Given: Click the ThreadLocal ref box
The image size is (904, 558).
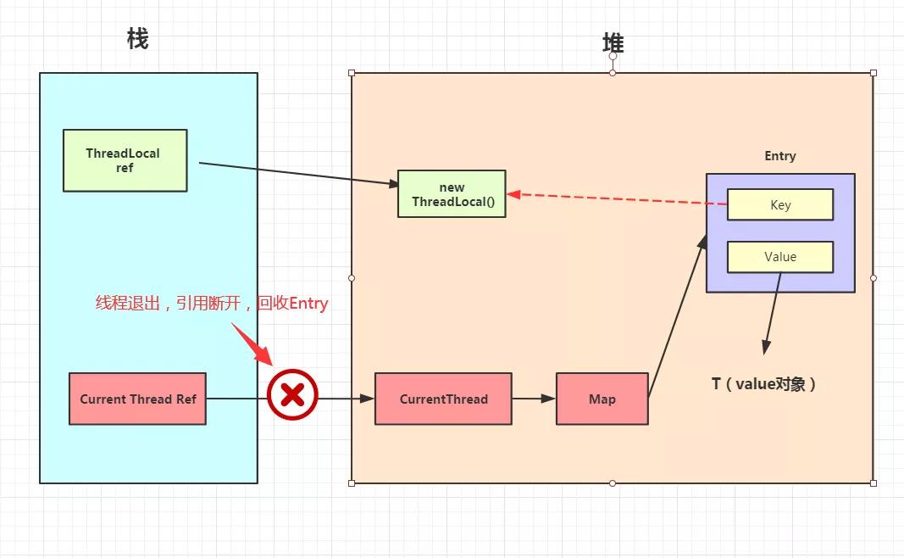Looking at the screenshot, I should [125, 160].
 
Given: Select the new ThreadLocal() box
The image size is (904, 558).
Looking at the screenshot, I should [452, 194].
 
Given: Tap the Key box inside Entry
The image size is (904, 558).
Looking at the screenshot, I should [779, 204].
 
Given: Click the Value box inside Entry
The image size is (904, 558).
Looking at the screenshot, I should [779, 257].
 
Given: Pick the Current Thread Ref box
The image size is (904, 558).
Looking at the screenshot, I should [137, 399].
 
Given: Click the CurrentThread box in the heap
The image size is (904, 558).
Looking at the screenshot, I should [443, 399].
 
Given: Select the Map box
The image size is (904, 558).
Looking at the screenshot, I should [602, 399].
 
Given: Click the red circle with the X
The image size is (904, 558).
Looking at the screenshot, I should [292, 395].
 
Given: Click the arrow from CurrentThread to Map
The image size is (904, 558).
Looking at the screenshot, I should [534, 399].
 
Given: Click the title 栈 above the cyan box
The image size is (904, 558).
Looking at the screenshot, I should [137, 39].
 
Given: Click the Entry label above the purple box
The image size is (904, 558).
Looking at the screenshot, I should [779, 156].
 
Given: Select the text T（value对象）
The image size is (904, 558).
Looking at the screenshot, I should [764, 384].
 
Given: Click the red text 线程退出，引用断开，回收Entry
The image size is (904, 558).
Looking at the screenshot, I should [211, 304].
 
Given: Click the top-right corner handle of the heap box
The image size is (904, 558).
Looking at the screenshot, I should [873, 73].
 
